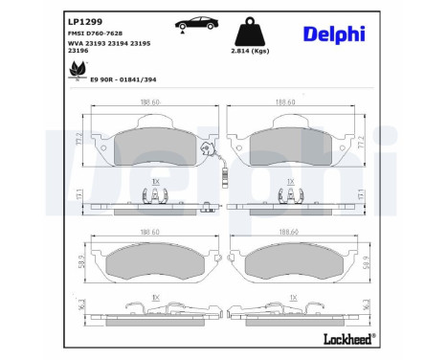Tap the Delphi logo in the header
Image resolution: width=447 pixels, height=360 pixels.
[x=332, y=34]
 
